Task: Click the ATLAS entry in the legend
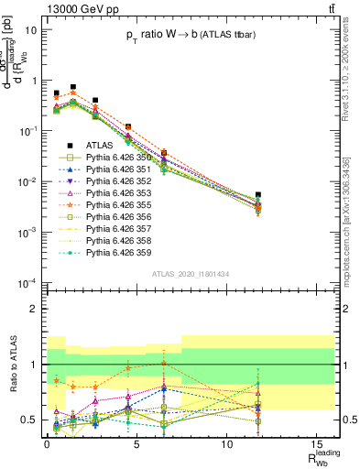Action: coord(101,145)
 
